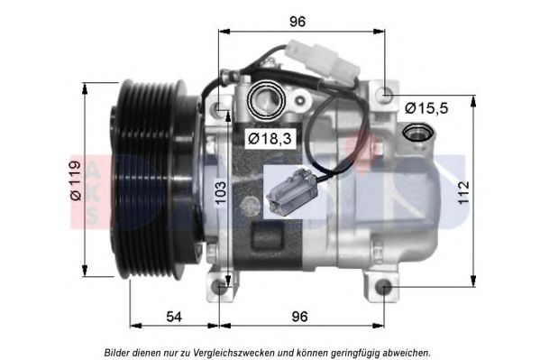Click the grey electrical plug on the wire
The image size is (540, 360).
click(290, 191)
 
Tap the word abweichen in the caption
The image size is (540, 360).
click(406, 352)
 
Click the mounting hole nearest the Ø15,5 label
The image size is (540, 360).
click(386, 93)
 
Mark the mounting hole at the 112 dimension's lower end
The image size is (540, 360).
click(384, 288)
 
